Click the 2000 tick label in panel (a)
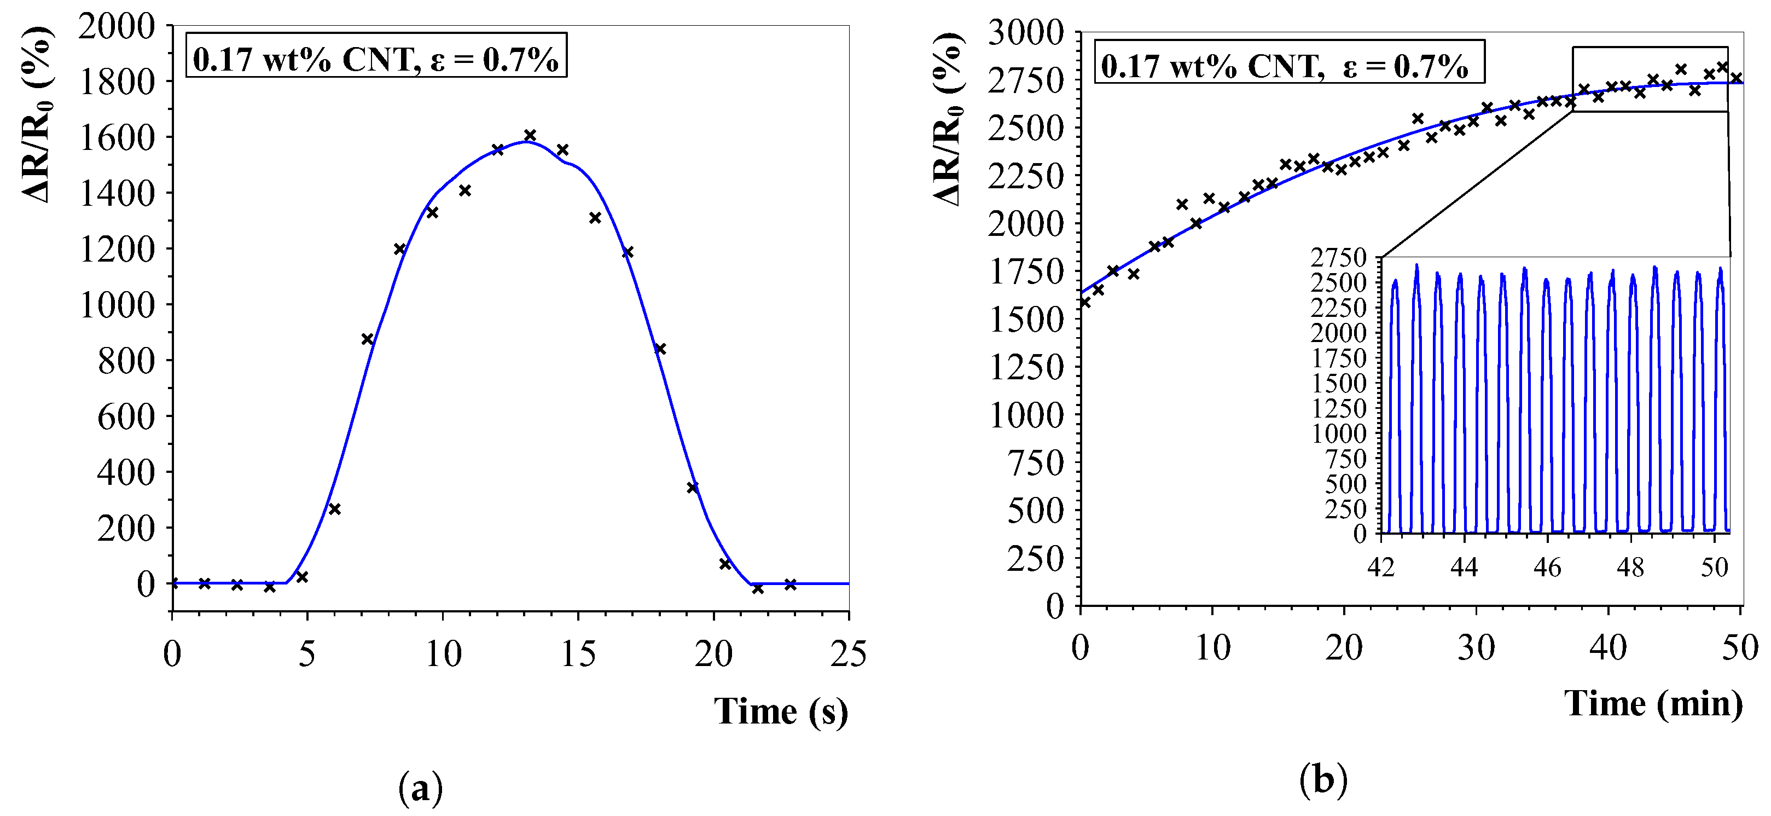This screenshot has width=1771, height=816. (117, 27)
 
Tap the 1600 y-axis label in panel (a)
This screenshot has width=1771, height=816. (117, 138)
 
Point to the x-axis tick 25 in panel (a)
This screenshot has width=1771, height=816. (849, 654)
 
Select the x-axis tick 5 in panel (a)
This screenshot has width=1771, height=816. (306, 654)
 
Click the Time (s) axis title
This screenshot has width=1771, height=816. (780, 711)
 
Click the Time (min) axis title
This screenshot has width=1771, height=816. (1653, 703)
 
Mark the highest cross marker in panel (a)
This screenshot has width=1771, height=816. (530, 135)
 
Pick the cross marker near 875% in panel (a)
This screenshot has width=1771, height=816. (367, 339)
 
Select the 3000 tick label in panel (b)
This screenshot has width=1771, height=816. (1025, 32)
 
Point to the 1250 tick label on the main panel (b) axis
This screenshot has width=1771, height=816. (1025, 367)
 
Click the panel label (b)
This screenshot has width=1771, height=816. (1323, 780)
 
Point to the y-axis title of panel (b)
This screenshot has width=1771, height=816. (949, 117)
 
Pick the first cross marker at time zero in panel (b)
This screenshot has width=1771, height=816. (1085, 302)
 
